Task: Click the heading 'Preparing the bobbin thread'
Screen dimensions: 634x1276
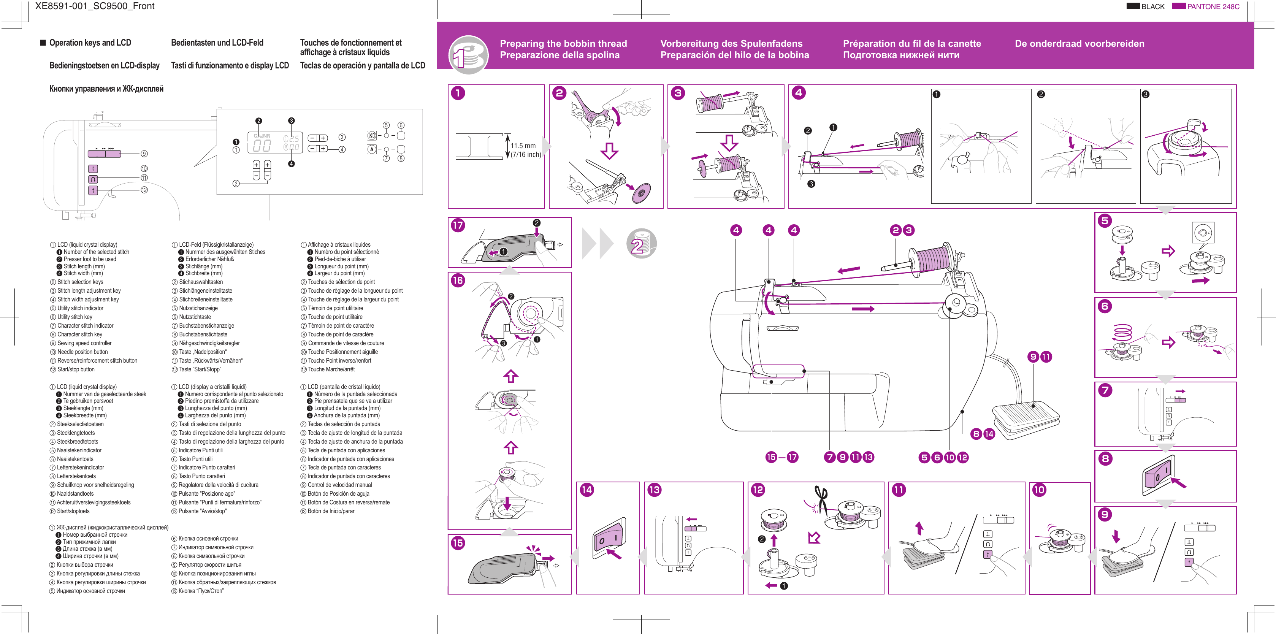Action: pos(563,44)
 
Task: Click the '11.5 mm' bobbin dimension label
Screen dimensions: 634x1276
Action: pos(523,146)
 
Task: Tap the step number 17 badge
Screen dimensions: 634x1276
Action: pos(458,225)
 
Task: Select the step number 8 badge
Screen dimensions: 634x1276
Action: pos(1105,459)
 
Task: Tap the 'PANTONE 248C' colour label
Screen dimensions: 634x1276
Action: pos(1213,6)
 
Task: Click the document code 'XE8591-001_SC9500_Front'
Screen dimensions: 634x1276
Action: pos(95,6)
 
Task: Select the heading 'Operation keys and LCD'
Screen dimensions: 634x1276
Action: pos(90,43)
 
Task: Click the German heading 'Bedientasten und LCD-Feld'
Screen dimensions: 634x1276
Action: pos(217,43)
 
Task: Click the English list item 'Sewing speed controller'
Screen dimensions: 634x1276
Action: pos(84,343)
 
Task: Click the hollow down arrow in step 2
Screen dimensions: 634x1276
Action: pos(609,151)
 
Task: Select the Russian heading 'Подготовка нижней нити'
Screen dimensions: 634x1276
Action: pos(900,55)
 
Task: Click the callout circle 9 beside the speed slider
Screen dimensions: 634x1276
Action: pos(144,154)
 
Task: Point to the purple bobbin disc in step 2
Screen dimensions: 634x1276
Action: pos(642,193)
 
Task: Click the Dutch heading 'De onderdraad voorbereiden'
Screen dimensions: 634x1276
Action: pos(1079,44)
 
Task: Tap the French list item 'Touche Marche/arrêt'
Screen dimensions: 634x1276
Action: pos(331,369)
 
